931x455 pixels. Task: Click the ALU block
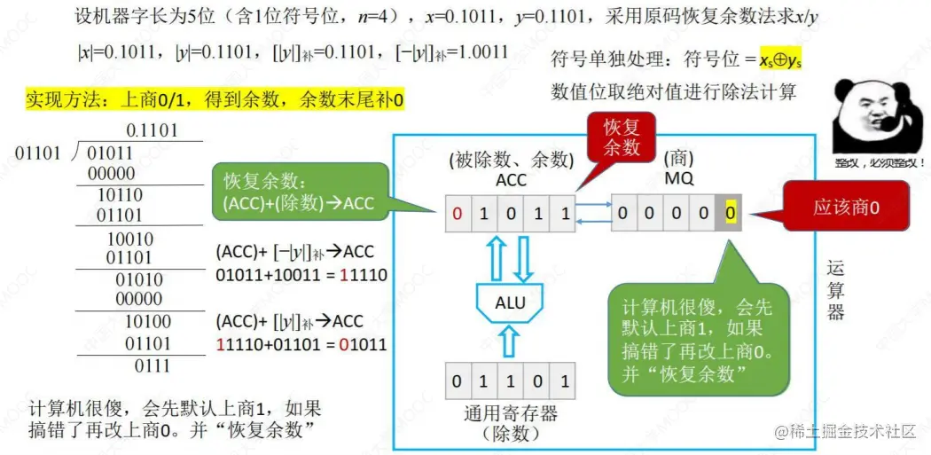coord(510,303)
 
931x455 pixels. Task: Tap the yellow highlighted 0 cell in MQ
coord(729,213)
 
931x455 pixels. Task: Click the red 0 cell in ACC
coord(457,214)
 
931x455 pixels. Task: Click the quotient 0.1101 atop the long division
coord(152,130)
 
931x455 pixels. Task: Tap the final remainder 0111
coord(152,365)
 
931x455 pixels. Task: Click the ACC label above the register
coord(511,180)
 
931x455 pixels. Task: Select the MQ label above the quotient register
coord(678,180)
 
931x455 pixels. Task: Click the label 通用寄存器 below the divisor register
coord(510,413)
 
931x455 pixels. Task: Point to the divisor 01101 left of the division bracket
coord(38,153)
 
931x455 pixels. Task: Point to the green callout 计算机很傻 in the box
coord(699,340)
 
